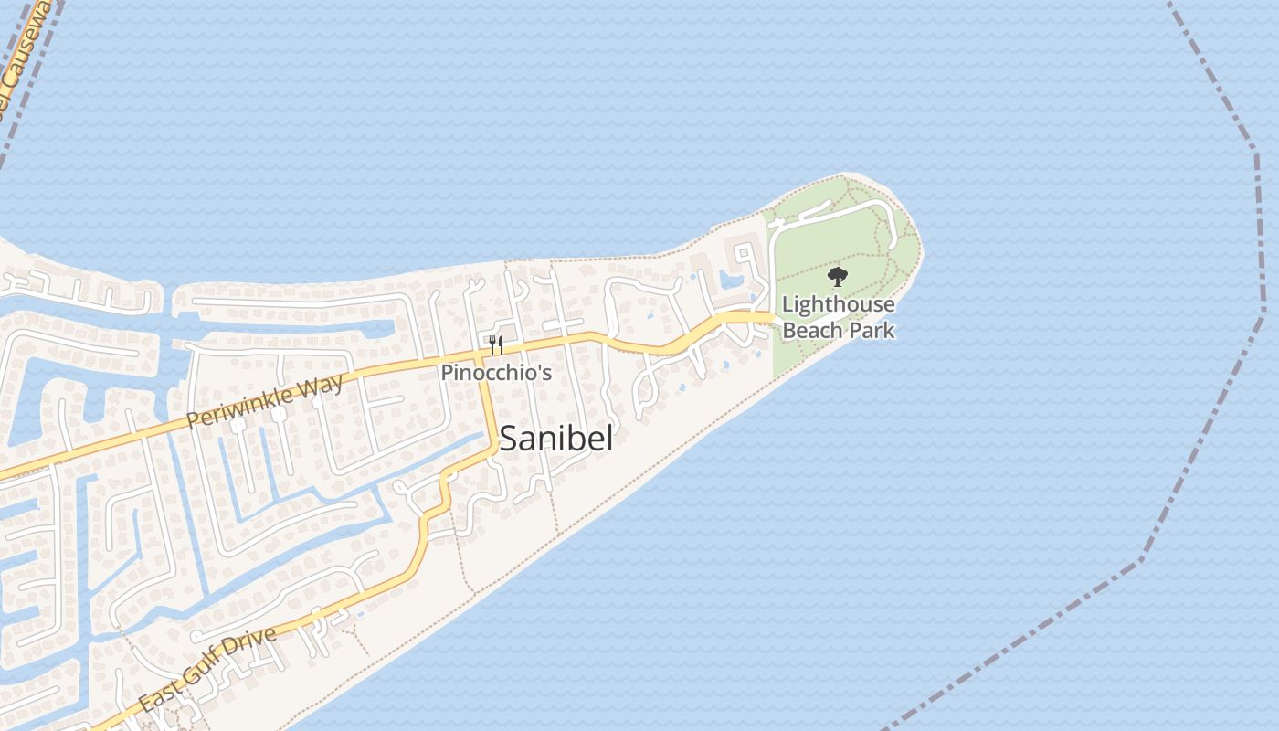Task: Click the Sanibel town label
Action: coord(555,439)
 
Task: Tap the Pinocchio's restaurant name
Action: coord(496,373)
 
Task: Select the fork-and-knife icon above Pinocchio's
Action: coord(496,344)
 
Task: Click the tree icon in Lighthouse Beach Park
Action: coord(836,277)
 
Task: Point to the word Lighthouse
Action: coord(838,304)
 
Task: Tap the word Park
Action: coord(872,330)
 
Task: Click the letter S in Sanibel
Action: coord(510,439)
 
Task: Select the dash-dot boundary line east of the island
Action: coord(1263,311)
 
